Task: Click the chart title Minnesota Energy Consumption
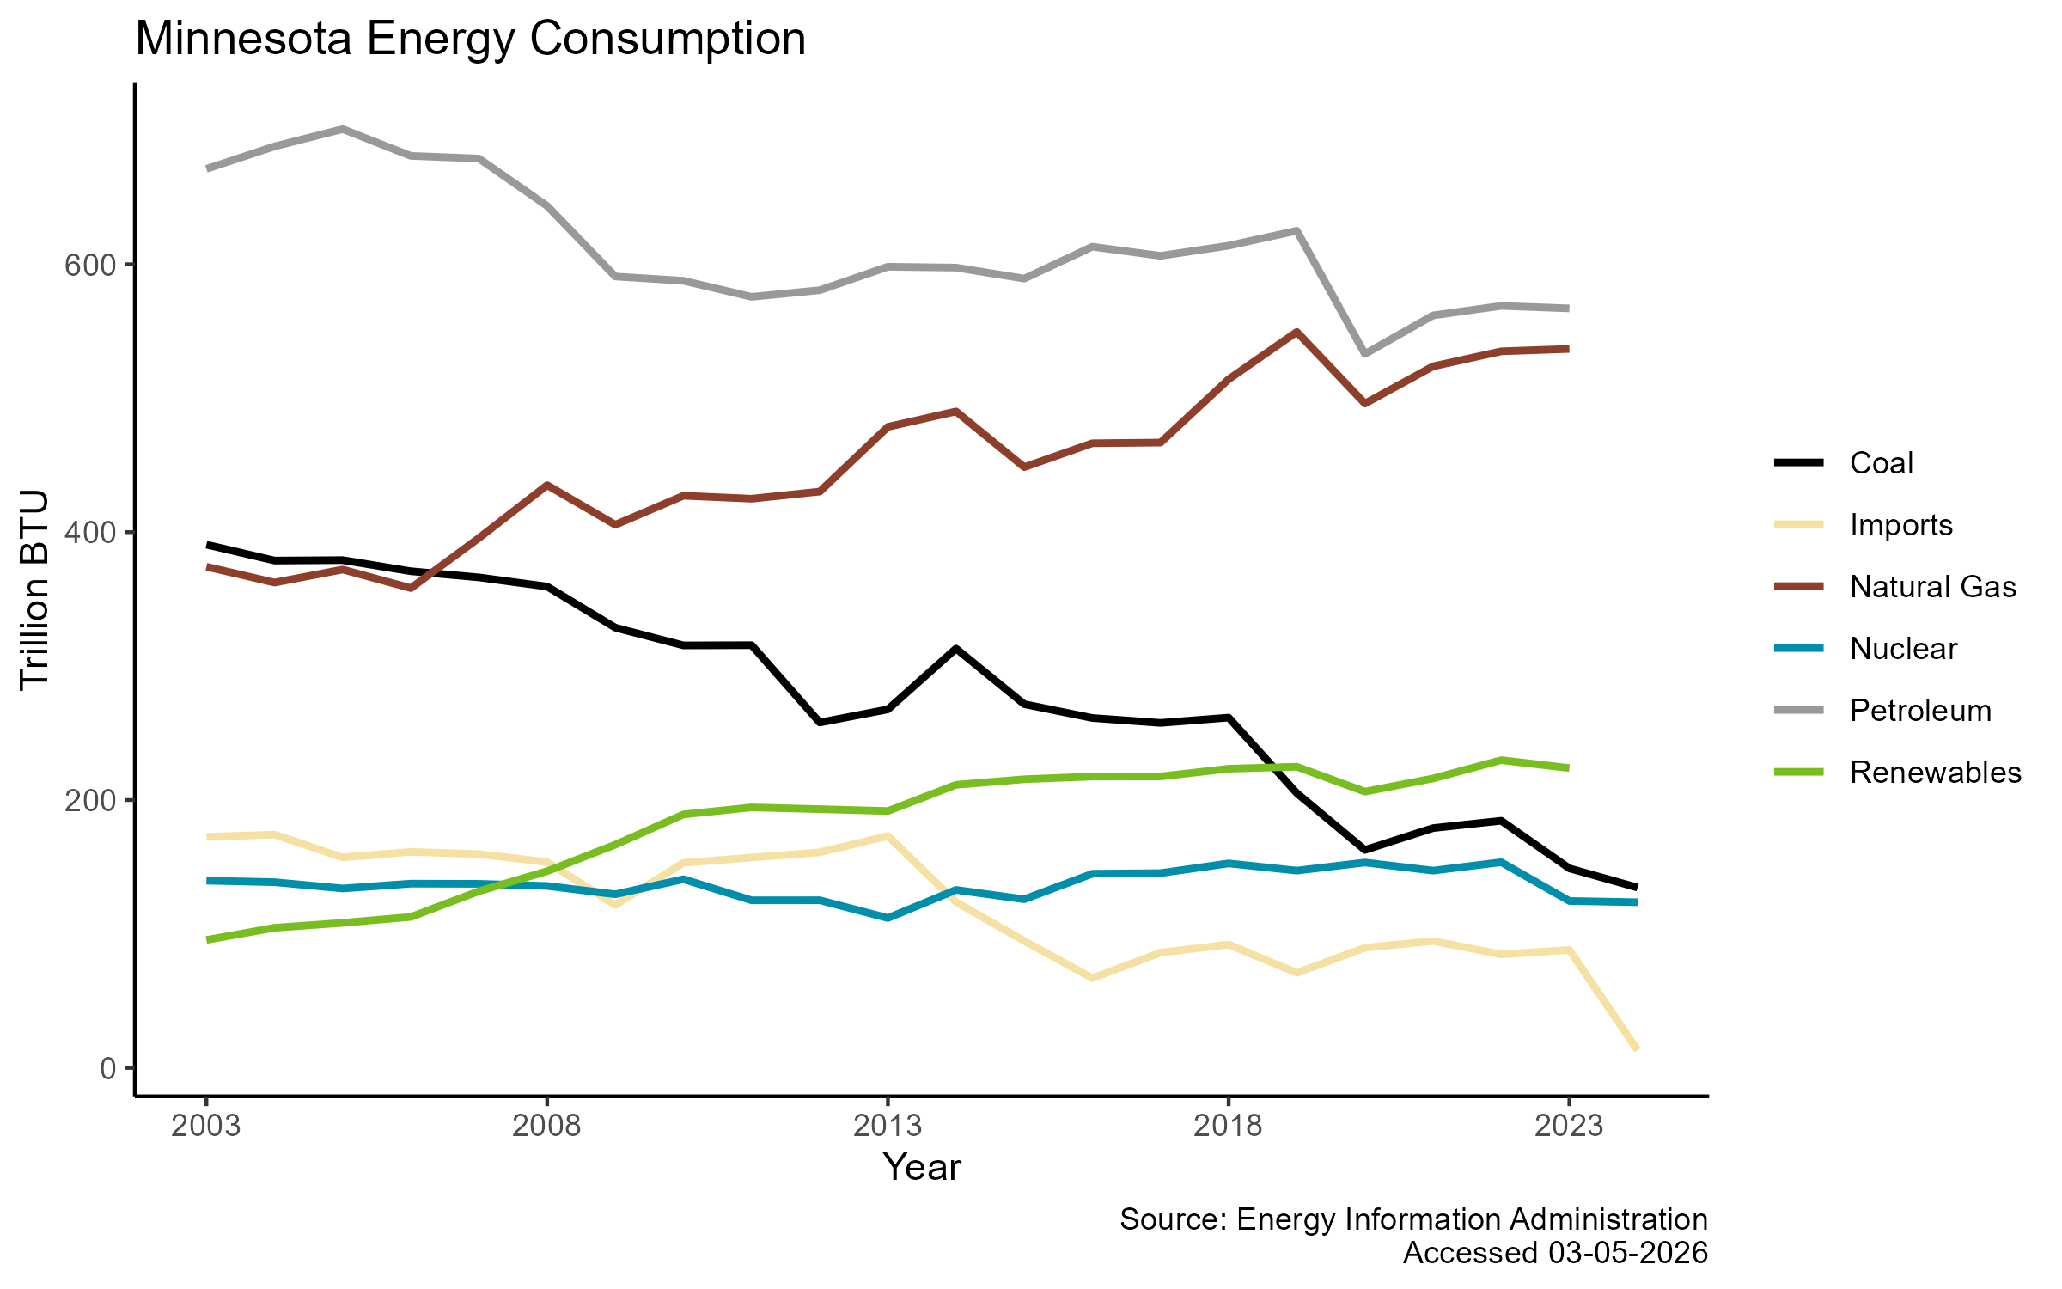click(x=470, y=40)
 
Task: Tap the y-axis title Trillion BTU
click(x=35, y=590)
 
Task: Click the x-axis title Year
click(x=921, y=1167)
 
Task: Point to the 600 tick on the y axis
click(x=89, y=265)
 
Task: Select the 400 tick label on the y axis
click(x=89, y=533)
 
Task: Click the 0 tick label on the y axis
click(x=107, y=1068)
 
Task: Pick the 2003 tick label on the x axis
click(x=206, y=1125)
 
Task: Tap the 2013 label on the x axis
click(x=888, y=1125)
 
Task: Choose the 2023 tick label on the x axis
click(x=1569, y=1125)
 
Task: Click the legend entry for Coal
click(x=1881, y=463)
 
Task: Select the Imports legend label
click(x=1900, y=525)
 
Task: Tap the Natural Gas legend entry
click(x=1932, y=587)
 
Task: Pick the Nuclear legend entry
click(x=1903, y=649)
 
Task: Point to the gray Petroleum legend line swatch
click(x=1798, y=711)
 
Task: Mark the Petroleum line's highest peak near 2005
click(x=343, y=129)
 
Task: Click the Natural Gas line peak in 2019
click(x=1296, y=332)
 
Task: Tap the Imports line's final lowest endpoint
click(x=1637, y=1049)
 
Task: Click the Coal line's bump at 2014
click(x=955, y=649)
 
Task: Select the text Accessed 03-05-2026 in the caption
click(x=1555, y=1253)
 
